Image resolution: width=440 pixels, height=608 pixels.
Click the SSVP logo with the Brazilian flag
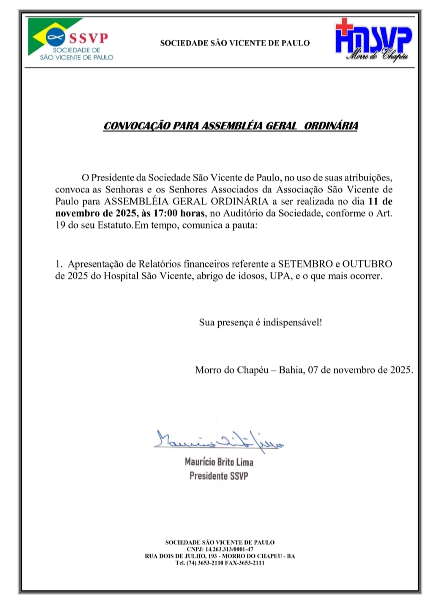(69, 40)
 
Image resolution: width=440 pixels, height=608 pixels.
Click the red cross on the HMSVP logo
(344, 26)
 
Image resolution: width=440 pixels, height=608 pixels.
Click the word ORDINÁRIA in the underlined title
(331, 126)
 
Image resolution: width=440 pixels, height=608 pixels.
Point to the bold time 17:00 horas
(179, 213)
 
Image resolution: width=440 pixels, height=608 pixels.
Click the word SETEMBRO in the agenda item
(305, 264)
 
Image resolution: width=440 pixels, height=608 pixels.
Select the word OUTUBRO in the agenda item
(367, 264)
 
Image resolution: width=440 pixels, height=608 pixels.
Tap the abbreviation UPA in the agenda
(281, 276)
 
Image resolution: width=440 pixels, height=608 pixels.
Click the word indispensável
(292, 323)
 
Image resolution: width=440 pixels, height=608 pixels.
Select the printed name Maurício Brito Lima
(219, 462)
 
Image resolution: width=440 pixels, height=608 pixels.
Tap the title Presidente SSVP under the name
(219, 476)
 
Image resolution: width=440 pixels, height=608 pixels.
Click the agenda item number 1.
(58, 264)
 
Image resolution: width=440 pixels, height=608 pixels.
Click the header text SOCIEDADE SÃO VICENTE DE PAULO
(235, 43)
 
